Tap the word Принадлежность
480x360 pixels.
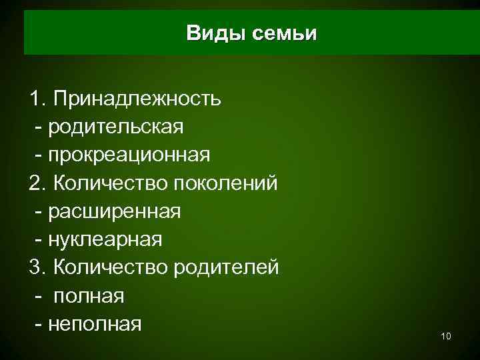click(x=138, y=100)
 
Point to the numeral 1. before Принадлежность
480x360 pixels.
click(x=38, y=100)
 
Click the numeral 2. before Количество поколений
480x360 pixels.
click(x=38, y=183)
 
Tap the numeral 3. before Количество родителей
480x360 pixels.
click(x=38, y=267)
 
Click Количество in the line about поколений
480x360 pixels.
click(x=111, y=183)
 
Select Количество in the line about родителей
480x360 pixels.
click(x=111, y=267)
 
